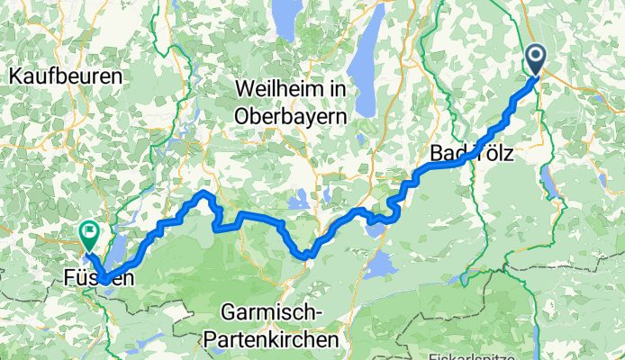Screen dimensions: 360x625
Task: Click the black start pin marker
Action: [x=535, y=60]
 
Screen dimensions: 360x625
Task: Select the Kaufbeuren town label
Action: [x=65, y=77]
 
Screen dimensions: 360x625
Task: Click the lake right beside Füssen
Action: [x=118, y=249]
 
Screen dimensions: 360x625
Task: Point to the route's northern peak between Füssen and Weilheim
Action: [x=204, y=193]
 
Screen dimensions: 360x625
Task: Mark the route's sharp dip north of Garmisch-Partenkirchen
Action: [x=308, y=255]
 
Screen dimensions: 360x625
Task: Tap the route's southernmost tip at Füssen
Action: [x=106, y=282]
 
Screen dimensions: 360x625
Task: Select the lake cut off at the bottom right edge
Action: [x=538, y=346]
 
